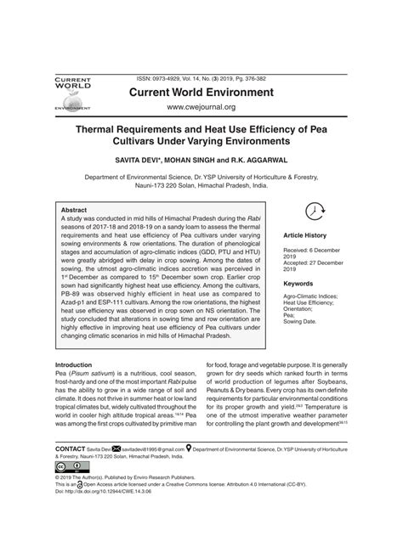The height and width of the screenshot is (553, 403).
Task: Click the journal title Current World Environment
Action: [x=201, y=89]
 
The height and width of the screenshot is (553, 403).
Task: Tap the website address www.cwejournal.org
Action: [x=201, y=108]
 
